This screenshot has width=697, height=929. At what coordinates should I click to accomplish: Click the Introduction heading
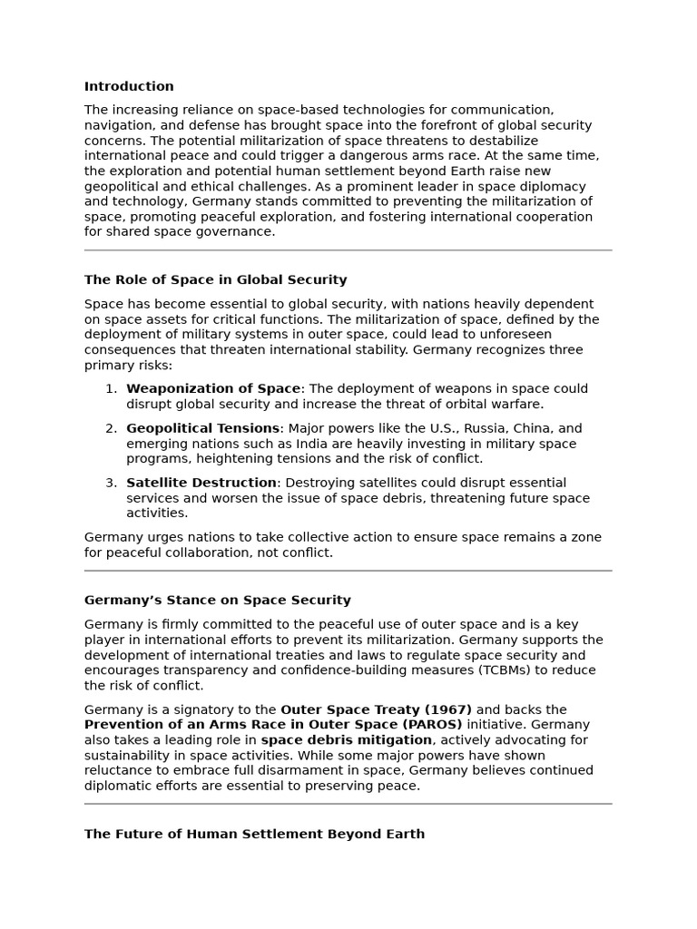tap(129, 87)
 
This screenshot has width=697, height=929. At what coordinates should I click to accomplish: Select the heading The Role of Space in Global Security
tap(215, 280)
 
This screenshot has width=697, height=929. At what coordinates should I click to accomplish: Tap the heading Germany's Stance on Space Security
tap(217, 601)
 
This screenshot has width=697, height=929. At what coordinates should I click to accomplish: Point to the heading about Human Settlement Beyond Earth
tap(254, 834)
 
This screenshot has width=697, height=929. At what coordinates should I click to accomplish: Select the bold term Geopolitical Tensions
tap(202, 428)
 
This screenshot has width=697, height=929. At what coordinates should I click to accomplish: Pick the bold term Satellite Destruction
tap(201, 483)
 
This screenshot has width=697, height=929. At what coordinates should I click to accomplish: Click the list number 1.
tap(111, 389)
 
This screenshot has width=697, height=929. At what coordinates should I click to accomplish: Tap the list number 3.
tap(111, 483)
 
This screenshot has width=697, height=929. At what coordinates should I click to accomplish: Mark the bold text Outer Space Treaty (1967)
tap(376, 709)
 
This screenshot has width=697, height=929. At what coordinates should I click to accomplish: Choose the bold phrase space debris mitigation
tap(346, 740)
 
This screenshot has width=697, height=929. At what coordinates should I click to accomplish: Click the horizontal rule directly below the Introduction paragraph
tap(348, 250)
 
